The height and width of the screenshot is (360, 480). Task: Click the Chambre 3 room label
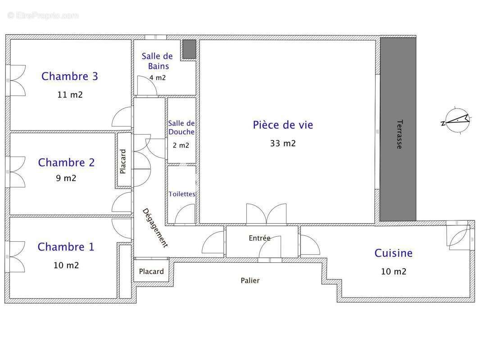point(69,76)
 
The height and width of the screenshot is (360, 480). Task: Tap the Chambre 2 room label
point(66,162)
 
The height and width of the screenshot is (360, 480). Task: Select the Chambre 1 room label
point(66,247)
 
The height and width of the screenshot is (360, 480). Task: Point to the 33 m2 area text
point(283,144)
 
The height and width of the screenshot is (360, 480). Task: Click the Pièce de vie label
point(282,125)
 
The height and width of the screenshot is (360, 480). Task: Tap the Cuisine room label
point(393,253)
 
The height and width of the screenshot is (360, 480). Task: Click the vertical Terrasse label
point(399,134)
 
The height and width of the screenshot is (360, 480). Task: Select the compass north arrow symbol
point(456,120)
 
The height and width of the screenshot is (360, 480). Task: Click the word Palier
point(250,280)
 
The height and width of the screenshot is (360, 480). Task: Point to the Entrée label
point(259,238)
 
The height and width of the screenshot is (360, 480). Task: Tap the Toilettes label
point(182,194)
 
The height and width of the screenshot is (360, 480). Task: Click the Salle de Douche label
point(181,127)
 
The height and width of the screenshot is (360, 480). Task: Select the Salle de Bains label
point(157,61)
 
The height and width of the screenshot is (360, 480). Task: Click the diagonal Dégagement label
point(155,228)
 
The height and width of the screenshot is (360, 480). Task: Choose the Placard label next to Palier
point(151,271)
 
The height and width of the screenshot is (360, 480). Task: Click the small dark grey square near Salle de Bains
point(189,49)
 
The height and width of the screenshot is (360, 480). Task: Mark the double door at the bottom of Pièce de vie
point(266,214)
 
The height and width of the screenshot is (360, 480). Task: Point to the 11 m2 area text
point(70,95)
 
